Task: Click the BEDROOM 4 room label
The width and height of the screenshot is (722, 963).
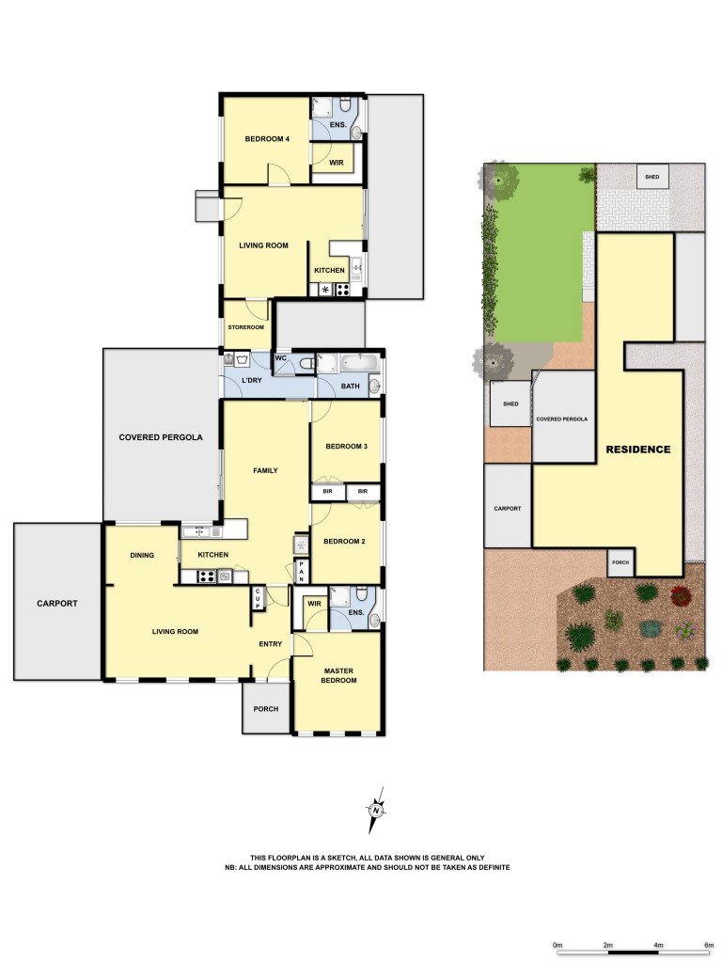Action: (x=267, y=139)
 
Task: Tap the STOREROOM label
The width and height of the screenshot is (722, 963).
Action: (x=245, y=326)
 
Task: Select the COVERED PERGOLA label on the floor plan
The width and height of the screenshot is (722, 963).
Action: (x=161, y=437)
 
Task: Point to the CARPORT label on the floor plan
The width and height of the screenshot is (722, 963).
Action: (x=57, y=603)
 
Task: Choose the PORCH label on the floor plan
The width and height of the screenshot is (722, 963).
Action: (x=266, y=708)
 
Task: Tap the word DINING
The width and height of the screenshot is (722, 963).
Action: (x=142, y=555)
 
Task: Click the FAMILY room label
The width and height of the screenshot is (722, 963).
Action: (x=266, y=470)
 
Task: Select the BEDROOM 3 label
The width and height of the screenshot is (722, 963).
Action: (x=345, y=446)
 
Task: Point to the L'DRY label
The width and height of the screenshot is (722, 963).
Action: (x=251, y=380)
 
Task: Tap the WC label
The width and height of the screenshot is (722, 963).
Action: (x=280, y=358)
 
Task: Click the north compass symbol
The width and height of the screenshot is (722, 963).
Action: (x=376, y=810)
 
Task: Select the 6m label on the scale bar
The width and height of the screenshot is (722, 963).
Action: (x=709, y=944)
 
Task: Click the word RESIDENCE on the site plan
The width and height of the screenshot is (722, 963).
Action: (x=637, y=450)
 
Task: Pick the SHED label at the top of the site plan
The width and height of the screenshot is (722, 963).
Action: (x=651, y=176)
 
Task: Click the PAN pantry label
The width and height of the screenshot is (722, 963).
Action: (x=301, y=569)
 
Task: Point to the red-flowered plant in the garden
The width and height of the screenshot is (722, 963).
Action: (x=682, y=594)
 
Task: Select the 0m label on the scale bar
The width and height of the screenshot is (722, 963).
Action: (x=557, y=944)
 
